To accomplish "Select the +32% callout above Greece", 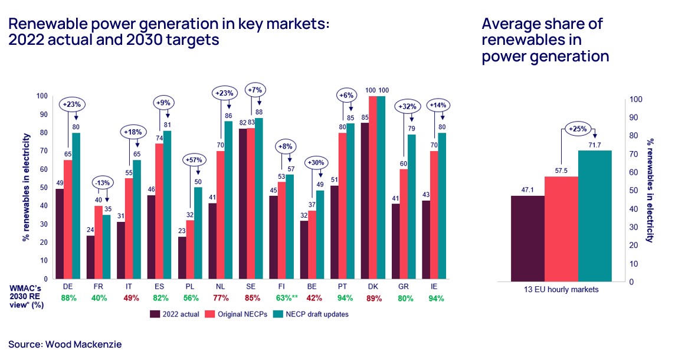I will [x=408, y=107].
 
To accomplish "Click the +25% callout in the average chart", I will [x=578, y=129].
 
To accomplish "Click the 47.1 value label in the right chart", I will [x=527, y=189].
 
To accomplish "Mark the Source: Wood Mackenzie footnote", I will [x=65, y=343].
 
